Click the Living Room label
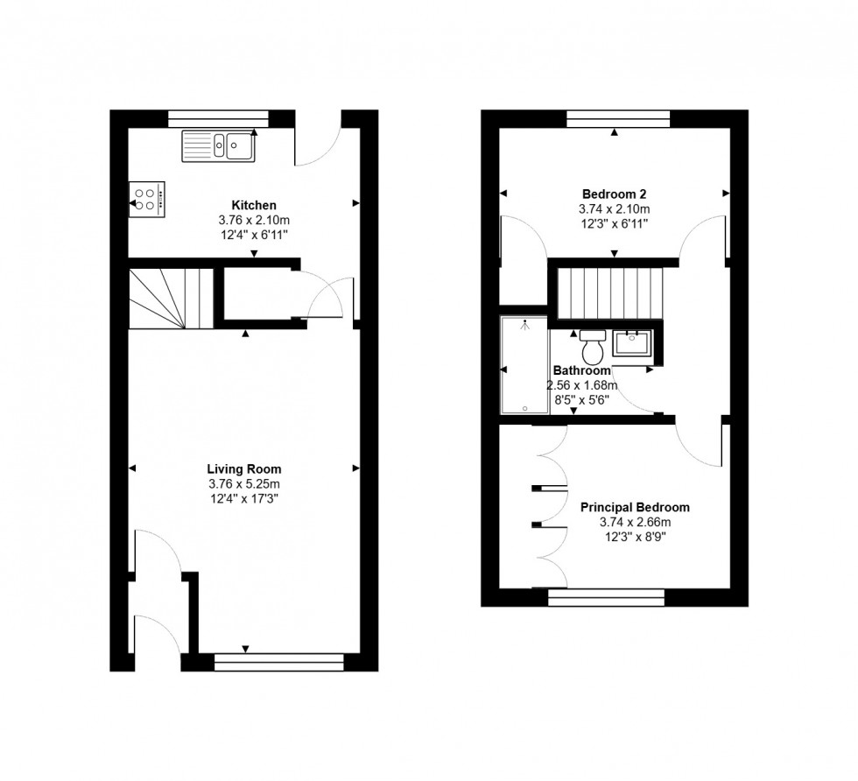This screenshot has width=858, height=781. click(244, 468)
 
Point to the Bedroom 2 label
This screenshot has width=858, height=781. click(614, 193)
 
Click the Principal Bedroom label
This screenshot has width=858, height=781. click(635, 507)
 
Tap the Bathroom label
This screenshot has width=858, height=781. click(581, 370)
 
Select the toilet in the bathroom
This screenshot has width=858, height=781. click(593, 347)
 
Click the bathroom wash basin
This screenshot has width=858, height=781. click(629, 341)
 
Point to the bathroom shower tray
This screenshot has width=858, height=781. click(522, 366)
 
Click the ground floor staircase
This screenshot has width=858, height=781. click(171, 298)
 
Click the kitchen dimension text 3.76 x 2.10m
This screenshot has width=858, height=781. click(254, 220)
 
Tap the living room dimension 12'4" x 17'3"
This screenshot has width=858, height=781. click(244, 499)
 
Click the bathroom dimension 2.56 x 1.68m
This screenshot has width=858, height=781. click(582, 385)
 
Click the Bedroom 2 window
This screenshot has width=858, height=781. click(618, 117)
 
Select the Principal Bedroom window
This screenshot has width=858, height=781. click(605, 598)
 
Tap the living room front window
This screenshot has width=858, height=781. click(279, 662)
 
